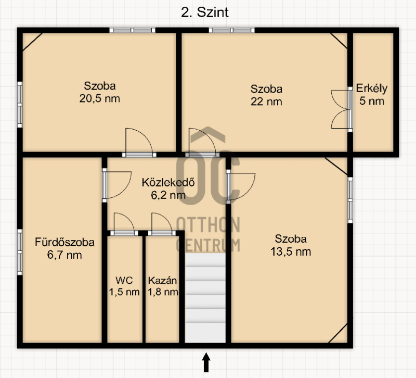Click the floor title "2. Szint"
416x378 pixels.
pyautogui.click(x=204, y=12)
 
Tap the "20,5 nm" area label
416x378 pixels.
pyautogui.click(x=100, y=98)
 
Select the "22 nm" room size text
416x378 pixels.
pyautogui.click(x=266, y=102)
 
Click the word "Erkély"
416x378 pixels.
pyautogui.click(x=372, y=89)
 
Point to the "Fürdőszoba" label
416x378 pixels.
pyautogui.click(x=64, y=242)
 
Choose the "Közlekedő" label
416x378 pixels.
pyautogui.click(x=168, y=183)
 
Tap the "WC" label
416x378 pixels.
pyautogui.click(x=124, y=280)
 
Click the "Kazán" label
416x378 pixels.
pyautogui.click(x=162, y=281)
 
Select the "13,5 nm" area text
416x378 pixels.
pyautogui.click(x=291, y=251)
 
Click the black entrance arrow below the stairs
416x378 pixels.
pyautogui.click(x=206, y=362)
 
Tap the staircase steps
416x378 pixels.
pyautogui.click(x=205, y=297)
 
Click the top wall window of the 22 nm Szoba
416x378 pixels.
pyautogui.click(x=231, y=30)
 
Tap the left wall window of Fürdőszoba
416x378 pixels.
pyautogui.click(x=20, y=252)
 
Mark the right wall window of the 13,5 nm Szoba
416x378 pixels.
pyautogui.click(x=350, y=200)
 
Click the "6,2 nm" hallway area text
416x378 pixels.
pyautogui.click(x=168, y=195)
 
